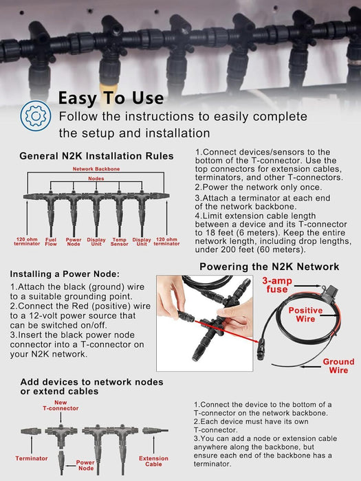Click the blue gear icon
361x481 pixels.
(x=36, y=116)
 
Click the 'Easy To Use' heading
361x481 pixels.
(x=111, y=98)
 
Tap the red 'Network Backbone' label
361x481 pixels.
(x=96, y=169)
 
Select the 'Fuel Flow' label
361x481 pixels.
(x=51, y=242)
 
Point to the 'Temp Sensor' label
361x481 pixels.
(x=120, y=242)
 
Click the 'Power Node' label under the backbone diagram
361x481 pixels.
(x=74, y=242)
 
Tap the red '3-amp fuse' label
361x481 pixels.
(x=277, y=285)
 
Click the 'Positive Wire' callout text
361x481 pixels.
(x=305, y=315)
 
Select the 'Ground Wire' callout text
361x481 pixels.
(x=338, y=366)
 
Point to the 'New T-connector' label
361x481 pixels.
(x=61, y=405)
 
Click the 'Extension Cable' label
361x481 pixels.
(x=153, y=461)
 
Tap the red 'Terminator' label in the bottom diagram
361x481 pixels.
(x=32, y=458)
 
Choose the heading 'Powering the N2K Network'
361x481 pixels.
(x=270, y=267)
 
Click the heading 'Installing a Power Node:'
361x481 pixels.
(x=65, y=274)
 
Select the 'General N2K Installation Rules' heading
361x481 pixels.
(x=96, y=156)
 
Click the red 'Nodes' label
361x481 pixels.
(x=96, y=179)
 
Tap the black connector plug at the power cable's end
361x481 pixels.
(x=261, y=348)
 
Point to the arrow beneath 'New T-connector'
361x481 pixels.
(x=61, y=418)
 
